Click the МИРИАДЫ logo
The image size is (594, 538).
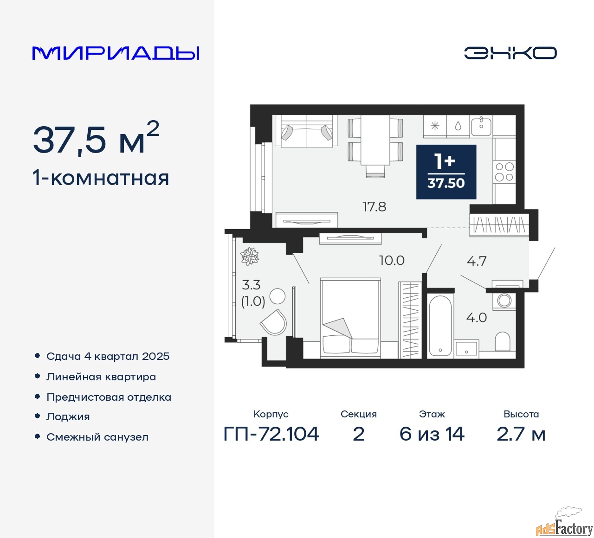coord(116,53)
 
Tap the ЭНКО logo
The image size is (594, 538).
coord(510,53)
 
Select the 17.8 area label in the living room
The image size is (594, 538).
coord(374,206)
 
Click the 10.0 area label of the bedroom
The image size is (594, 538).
coord(392,260)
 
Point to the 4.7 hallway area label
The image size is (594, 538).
coord(477,261)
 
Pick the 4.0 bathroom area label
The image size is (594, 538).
coord(476,318)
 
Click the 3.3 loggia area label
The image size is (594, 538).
coord(251,285)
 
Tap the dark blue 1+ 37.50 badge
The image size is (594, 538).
coord(446,172)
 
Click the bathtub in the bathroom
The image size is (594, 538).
coord(439,326)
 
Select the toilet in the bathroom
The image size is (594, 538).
coord(503,341)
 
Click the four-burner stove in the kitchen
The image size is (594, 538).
coord(504,172)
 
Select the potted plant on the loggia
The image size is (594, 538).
coord(250,256)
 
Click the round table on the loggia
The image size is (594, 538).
coord(278,295)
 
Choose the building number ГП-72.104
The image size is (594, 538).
coord(271,434)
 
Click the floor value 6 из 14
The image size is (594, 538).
coord(432,434)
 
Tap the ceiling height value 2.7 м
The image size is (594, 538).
coord(521,434)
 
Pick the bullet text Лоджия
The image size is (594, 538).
coord(68,416)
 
